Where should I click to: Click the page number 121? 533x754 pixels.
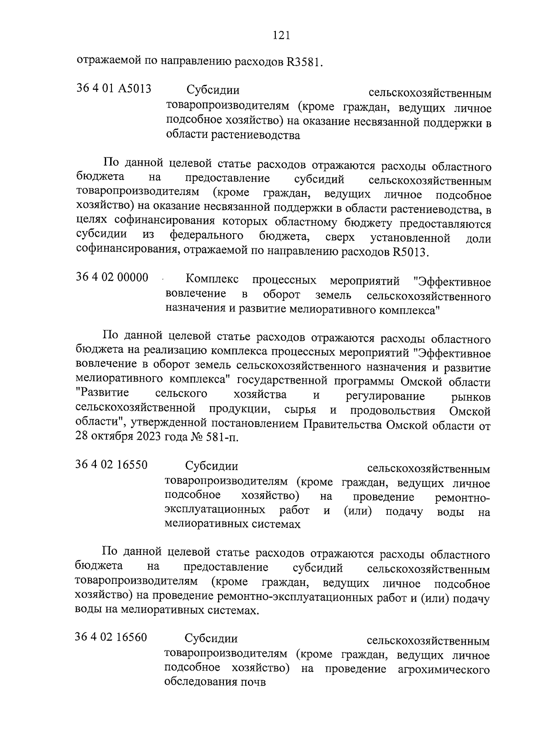pos(281,35)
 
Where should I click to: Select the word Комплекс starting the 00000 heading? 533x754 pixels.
pos(212,280)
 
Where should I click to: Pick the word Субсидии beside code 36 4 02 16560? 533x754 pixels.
pos(211,639)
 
